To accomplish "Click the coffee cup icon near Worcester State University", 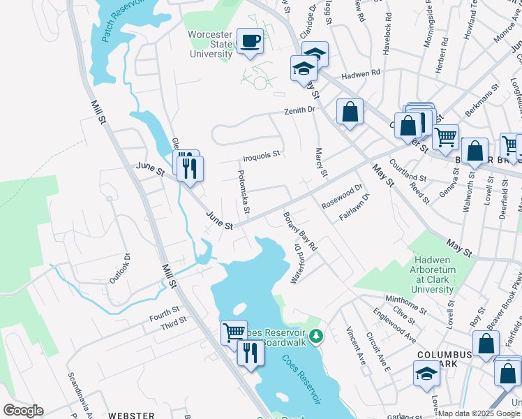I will [249, 40].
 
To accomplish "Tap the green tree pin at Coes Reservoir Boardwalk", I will [315, 337].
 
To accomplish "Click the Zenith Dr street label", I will [299, 110].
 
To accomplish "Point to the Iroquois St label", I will [261, 154].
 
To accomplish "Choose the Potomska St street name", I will [244, 192].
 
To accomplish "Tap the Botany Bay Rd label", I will [301, 231].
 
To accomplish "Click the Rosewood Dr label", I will [342, 197].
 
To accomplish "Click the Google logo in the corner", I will [23, 411].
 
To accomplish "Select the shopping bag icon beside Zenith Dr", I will [350, 112].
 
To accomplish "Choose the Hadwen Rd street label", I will [360, 72].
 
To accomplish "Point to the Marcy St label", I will [320, 162].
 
